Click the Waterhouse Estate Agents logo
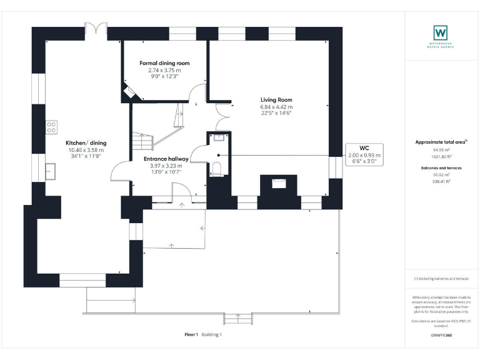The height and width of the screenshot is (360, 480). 441,32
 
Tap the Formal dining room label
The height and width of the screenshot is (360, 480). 164,64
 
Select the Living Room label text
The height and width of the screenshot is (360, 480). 276,100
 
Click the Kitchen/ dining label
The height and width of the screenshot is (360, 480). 86,143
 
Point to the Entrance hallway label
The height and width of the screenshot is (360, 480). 166,159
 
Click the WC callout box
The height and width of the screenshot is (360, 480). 364,155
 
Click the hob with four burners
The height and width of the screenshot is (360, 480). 51,127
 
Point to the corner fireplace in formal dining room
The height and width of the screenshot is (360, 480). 132,92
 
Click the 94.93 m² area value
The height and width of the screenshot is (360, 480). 441,150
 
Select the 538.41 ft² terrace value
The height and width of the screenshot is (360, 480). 441,181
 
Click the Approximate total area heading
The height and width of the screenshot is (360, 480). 441,142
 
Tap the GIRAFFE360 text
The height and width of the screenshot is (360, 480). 441,336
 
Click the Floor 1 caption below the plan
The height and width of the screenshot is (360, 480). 191,334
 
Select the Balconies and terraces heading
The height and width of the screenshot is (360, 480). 441,167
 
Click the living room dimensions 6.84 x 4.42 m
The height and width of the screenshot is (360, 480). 276,107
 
